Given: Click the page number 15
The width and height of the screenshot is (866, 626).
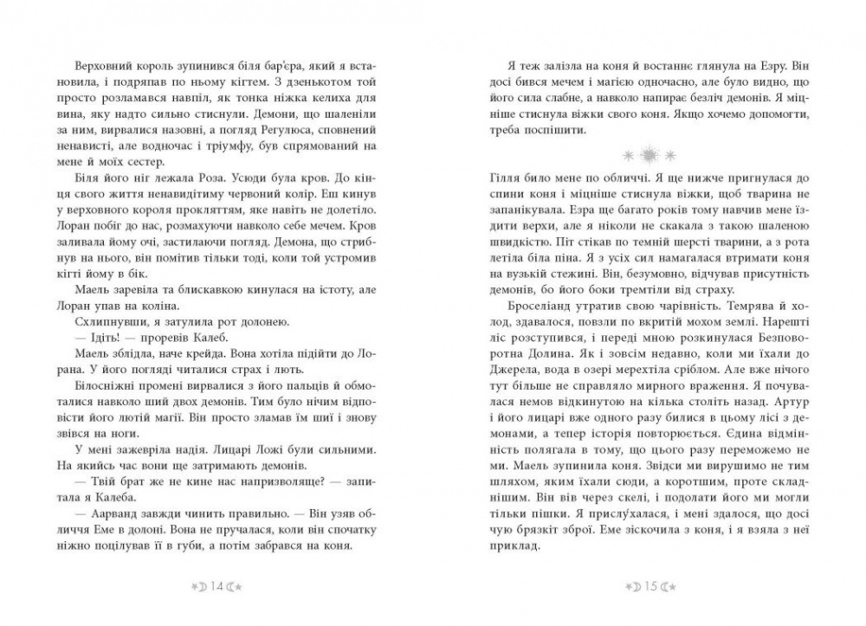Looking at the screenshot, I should (x=651, y=586).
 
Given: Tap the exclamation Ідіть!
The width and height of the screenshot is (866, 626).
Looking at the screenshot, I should (x=90, y=337).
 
